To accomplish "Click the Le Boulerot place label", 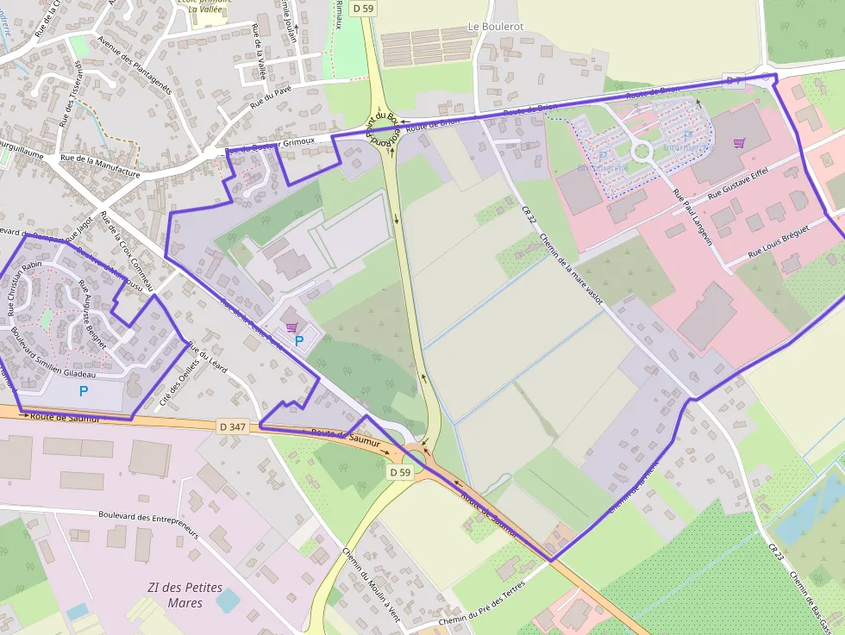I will click(495, 27).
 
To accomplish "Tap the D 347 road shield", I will click(233, 426).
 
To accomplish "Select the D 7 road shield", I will click(733, 80).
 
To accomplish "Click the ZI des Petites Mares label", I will click(185, 595).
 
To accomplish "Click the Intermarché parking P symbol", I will click(687, 135).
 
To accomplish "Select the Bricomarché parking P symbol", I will click(603, 156).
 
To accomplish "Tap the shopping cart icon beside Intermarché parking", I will click(739, 143).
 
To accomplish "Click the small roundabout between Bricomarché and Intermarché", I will click(642, 152).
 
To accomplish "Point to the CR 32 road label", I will click(529, 218).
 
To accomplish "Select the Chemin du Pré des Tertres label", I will click(481, 605).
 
